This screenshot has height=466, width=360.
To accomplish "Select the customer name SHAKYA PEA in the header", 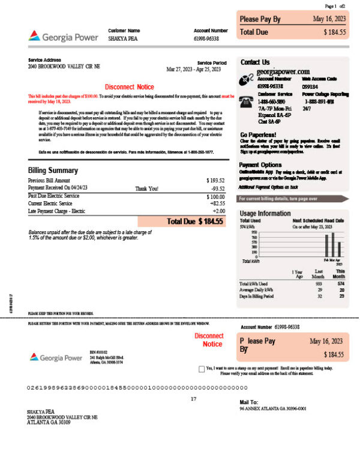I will (x=121, y=38).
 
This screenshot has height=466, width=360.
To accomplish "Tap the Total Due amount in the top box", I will (x=334, y=32).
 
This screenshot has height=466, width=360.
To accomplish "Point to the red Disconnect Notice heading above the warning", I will (x=129, y=87).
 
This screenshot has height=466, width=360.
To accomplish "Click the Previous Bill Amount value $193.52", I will (x=215, y=180).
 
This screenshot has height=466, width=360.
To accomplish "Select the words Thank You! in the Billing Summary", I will (x=147, y=188).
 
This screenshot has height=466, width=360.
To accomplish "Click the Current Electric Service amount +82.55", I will (x=216, y=204).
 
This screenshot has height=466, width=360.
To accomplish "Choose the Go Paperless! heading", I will (x=258, y=135).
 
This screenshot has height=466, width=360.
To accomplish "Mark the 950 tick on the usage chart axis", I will (x=254, y=232).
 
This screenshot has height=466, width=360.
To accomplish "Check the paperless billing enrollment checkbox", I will (x=200, y=368).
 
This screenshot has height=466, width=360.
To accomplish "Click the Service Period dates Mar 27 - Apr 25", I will (x=194, y=69).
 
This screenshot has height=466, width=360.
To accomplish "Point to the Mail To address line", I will (x=272, y=408).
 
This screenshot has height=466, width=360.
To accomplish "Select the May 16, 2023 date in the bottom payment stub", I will (x=327, y=341).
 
